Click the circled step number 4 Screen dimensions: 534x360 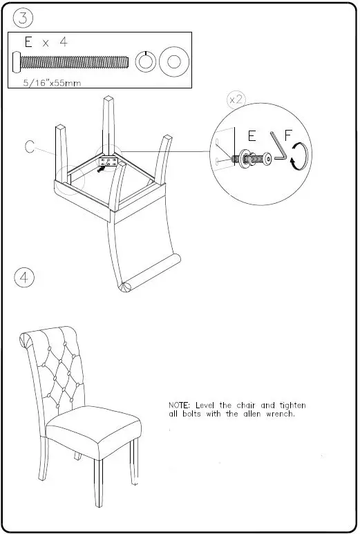(24, 278)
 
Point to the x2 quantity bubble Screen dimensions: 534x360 (236, 99)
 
